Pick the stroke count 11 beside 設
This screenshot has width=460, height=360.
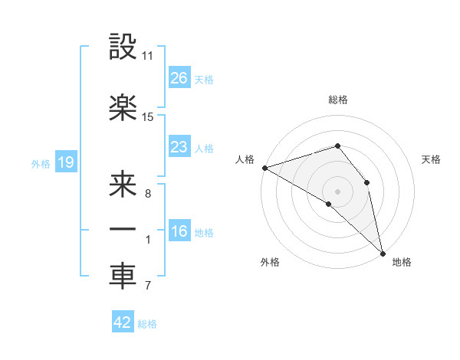click(148, 56)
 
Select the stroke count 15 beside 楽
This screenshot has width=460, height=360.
click(148, 117)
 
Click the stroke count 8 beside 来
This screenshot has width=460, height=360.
click(147, 194)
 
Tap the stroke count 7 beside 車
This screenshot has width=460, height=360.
click(147, 286)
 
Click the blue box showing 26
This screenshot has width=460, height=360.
click(179, 77)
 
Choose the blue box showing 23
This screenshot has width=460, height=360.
click(179, 146)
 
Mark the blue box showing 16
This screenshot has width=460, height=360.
click(179, 231)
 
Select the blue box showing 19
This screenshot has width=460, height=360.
click(65, 162)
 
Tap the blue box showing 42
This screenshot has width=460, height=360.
click(122, 322)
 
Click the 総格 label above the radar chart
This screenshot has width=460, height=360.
click(338, 100)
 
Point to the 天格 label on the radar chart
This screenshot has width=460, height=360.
click(431, 159)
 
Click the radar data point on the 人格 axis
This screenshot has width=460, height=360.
click(264, 168)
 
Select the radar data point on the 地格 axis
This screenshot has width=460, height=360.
click(383, 252)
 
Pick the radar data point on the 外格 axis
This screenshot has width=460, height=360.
click(329, 204)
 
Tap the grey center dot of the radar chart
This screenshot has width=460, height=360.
click(337, 191)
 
